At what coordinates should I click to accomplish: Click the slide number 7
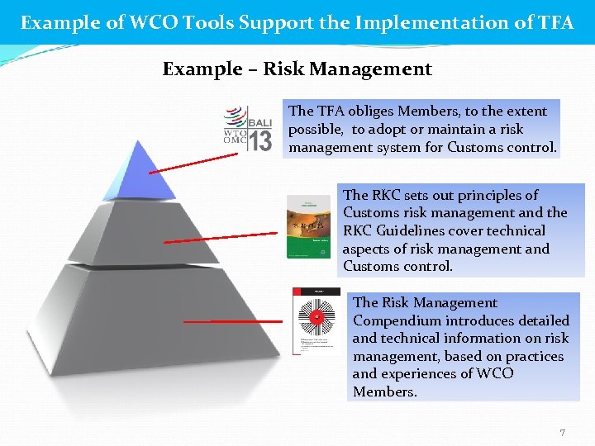click(562, 433)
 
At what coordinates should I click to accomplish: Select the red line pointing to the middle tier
click(211, 239)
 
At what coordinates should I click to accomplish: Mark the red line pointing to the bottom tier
click(232, 320)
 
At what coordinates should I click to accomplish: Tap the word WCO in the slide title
click(165, 22)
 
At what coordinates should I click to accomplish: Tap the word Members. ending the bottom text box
click(385, 391)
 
